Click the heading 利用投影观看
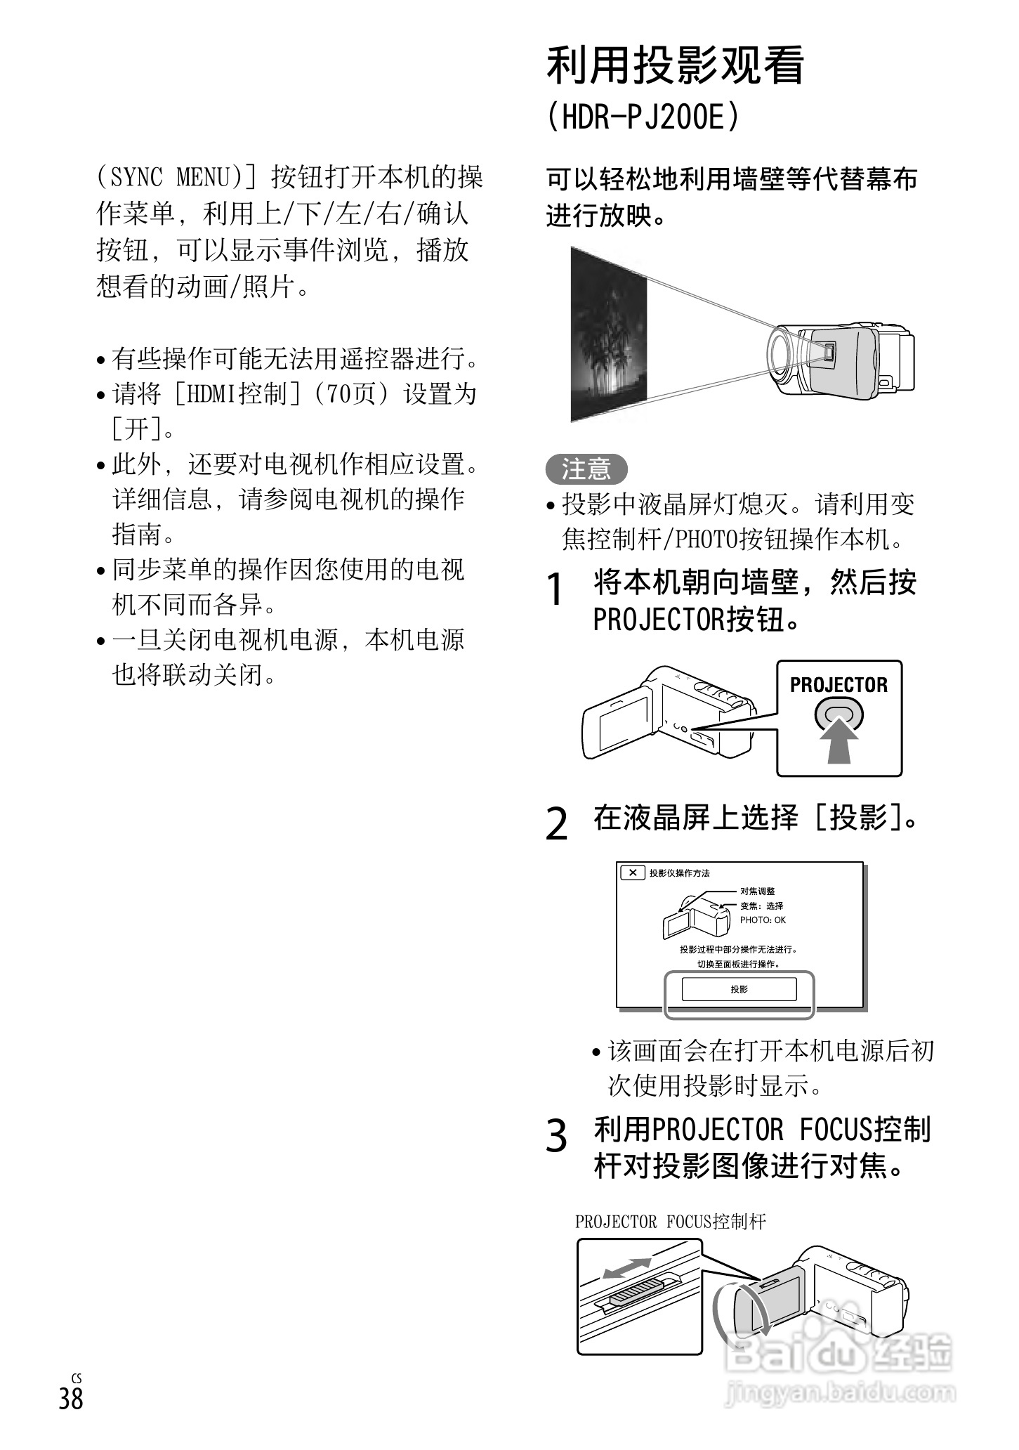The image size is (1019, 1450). coord(675,65)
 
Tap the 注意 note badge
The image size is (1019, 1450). coord(586,469)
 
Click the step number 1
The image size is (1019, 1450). coord(555,589)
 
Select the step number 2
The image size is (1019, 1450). coord(556,823)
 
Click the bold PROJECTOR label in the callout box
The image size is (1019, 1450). coord(839,685)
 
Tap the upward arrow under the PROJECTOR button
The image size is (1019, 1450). coord(839,745)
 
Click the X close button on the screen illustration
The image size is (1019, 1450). coord(633,873)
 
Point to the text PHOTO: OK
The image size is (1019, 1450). coord(763,920)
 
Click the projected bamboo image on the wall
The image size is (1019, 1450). coord(609,336)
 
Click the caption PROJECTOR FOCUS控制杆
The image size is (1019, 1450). coord(670,1222)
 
